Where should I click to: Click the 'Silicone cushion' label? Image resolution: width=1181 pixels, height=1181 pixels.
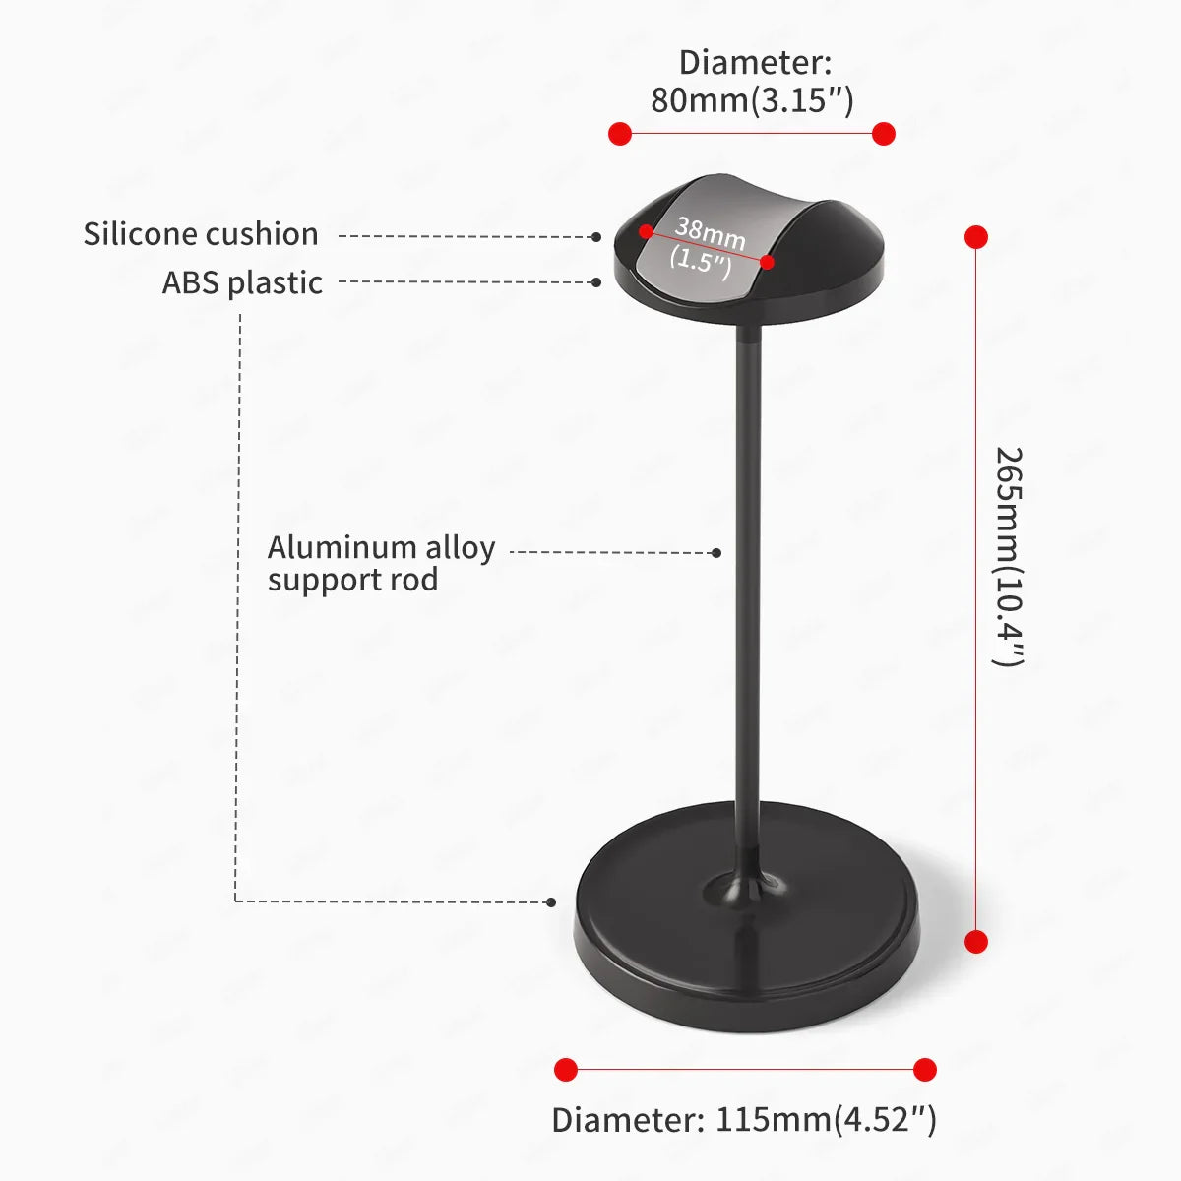[201, 235]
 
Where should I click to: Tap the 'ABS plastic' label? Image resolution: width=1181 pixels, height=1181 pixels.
[242, 283]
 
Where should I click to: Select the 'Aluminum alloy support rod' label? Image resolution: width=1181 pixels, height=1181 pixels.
[381, 564]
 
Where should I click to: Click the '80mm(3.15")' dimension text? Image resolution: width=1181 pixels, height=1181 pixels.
[752, 100]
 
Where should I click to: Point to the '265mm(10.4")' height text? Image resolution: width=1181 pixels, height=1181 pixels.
[1008, 556]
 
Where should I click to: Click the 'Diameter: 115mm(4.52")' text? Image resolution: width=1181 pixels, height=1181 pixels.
[744, 1119]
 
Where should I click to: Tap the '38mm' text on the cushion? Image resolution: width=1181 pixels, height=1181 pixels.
[711, 233]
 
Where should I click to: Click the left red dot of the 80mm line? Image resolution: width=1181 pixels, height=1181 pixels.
[620, 134]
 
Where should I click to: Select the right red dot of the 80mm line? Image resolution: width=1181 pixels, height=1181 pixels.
[883, 134]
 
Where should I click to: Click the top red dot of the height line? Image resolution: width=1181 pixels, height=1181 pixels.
[976, 237]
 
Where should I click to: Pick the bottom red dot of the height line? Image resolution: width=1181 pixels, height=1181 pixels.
[976, 942]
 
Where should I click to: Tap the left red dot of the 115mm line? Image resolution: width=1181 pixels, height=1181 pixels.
[566, 1070]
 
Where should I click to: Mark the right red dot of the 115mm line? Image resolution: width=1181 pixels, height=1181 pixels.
[925, 1070]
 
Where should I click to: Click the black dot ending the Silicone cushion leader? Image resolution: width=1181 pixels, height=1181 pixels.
[596, 237]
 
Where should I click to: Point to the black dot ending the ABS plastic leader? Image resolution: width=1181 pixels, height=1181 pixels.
[596, 282]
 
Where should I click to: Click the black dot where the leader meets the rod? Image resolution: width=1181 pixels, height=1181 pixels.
[716, 553]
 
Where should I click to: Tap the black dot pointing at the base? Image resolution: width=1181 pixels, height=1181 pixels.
[551, 902]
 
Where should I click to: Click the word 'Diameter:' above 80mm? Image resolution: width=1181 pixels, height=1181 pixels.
[755, 63]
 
